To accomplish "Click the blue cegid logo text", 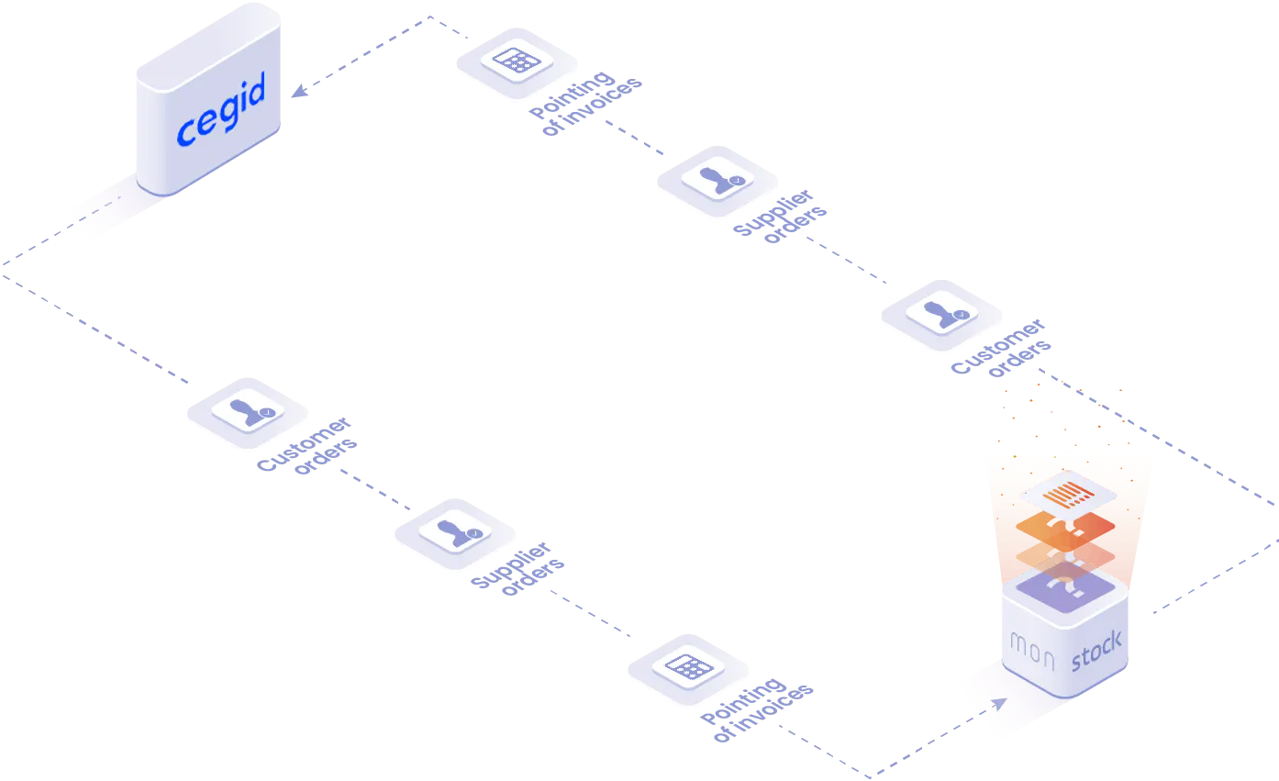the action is (221, 109).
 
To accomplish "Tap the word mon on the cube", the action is (1032, 650).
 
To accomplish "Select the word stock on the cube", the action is (1096, 651).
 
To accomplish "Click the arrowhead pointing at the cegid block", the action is (299, 91).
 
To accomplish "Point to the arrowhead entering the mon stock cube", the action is (999, 704).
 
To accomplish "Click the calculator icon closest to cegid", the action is (517, 61).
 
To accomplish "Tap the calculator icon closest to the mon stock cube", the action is (689, 667).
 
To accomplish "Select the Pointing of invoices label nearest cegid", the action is (585, 104).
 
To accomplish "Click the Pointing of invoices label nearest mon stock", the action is (757, 709).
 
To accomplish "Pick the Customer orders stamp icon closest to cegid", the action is (248, 411).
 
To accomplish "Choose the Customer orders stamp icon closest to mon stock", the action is (941, 314).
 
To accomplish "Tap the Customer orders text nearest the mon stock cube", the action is (1001, 348).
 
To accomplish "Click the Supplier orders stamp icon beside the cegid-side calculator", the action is (717, 179).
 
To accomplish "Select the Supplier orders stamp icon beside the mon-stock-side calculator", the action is (455, 532).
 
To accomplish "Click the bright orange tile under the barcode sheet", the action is (1065, 529).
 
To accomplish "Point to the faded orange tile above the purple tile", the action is (1065, 555).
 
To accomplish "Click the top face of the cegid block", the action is (208, 47).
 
